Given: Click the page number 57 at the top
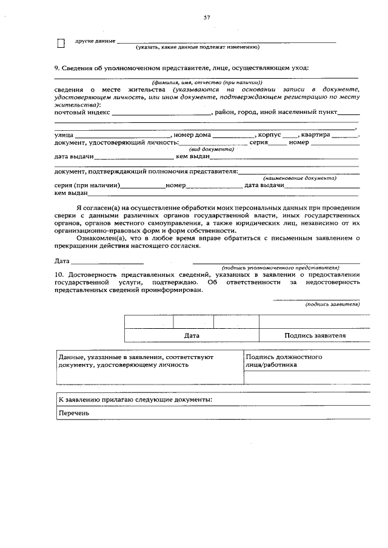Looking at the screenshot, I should [x=207, y=18].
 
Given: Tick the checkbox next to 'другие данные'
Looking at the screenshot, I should [x=61, y=42].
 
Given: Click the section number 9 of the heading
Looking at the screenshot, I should [x=56, y=68].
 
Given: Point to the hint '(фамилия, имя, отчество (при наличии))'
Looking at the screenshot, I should [x=207, y=82].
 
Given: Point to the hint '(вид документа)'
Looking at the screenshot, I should [x=212, y=149].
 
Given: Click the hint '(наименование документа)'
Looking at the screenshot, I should [x=299, y=179].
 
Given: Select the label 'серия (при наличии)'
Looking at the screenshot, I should [x=87, y=186].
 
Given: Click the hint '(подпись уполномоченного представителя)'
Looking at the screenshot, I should [x=279, y=267].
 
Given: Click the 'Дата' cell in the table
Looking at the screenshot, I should [x=192, y=335].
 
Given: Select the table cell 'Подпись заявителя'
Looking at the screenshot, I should [x=315, y=335].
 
